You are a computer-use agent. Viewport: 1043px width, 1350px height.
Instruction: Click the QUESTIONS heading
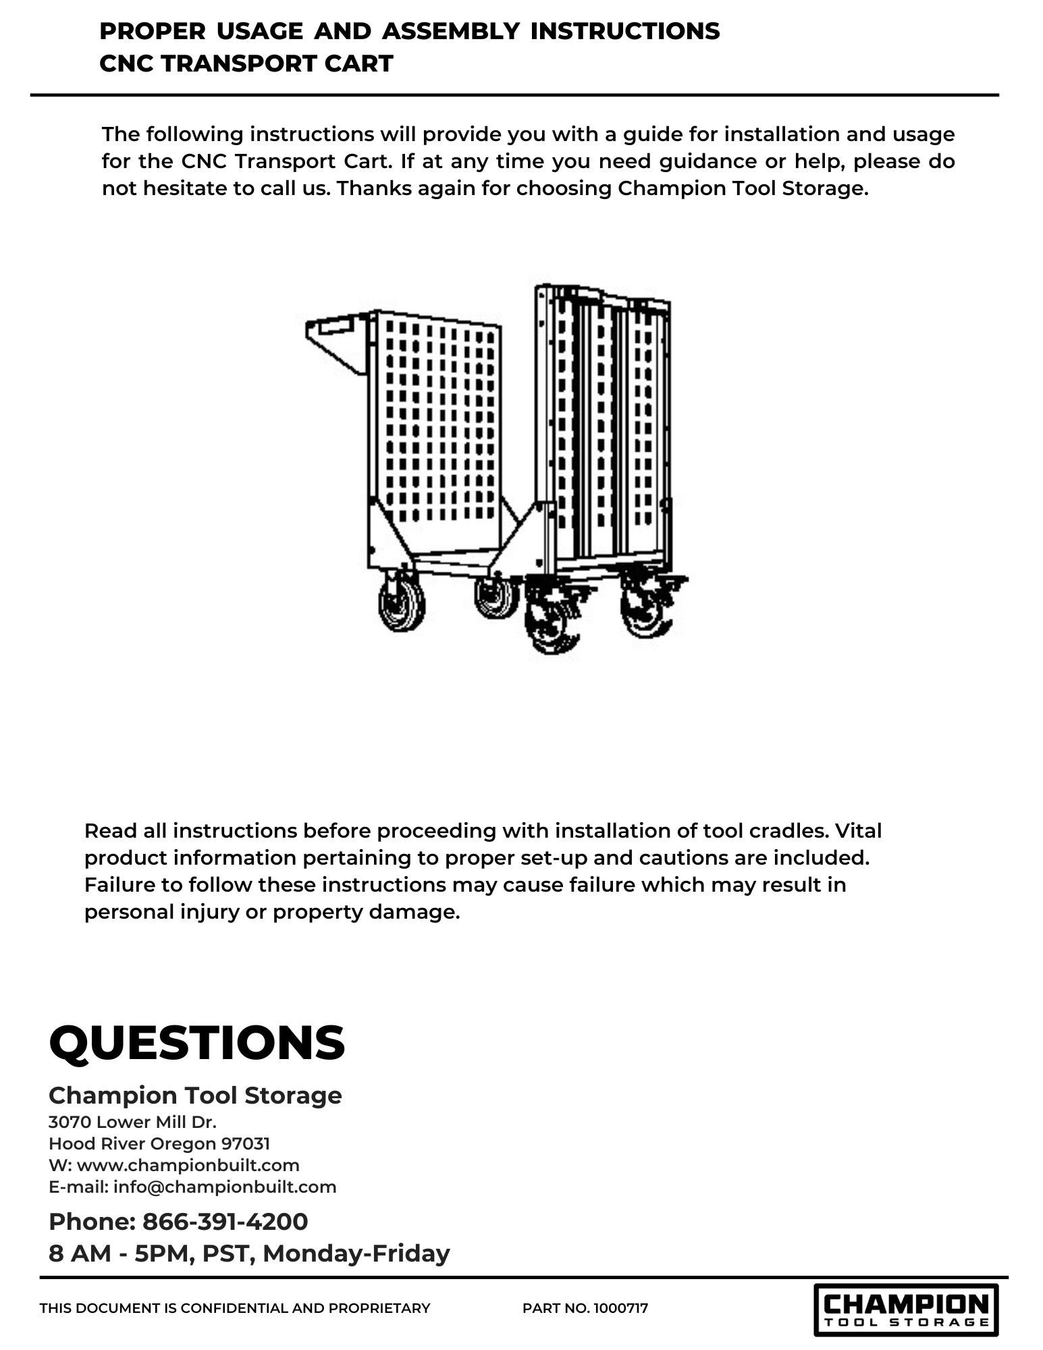[196, 1043]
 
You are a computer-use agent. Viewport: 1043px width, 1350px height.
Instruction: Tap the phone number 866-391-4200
[225, 1221]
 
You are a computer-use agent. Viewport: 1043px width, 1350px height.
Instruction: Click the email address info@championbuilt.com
[225, 1187]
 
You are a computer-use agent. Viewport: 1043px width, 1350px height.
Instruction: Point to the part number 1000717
[620, 1308]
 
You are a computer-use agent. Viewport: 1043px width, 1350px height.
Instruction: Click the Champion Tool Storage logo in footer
[905, 1309]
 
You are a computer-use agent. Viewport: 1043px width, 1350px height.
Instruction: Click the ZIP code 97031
[246, 1143]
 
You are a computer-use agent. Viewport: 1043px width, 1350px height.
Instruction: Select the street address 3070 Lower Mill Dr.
[132, 1122]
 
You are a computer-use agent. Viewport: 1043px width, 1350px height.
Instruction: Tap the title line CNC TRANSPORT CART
[246, 63]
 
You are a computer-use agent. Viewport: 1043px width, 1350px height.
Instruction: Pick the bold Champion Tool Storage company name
[195, 1095]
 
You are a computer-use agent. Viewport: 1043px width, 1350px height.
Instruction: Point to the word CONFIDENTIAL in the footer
[234, 1308]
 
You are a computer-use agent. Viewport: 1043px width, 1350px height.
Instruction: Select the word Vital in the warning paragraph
[858, 830]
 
